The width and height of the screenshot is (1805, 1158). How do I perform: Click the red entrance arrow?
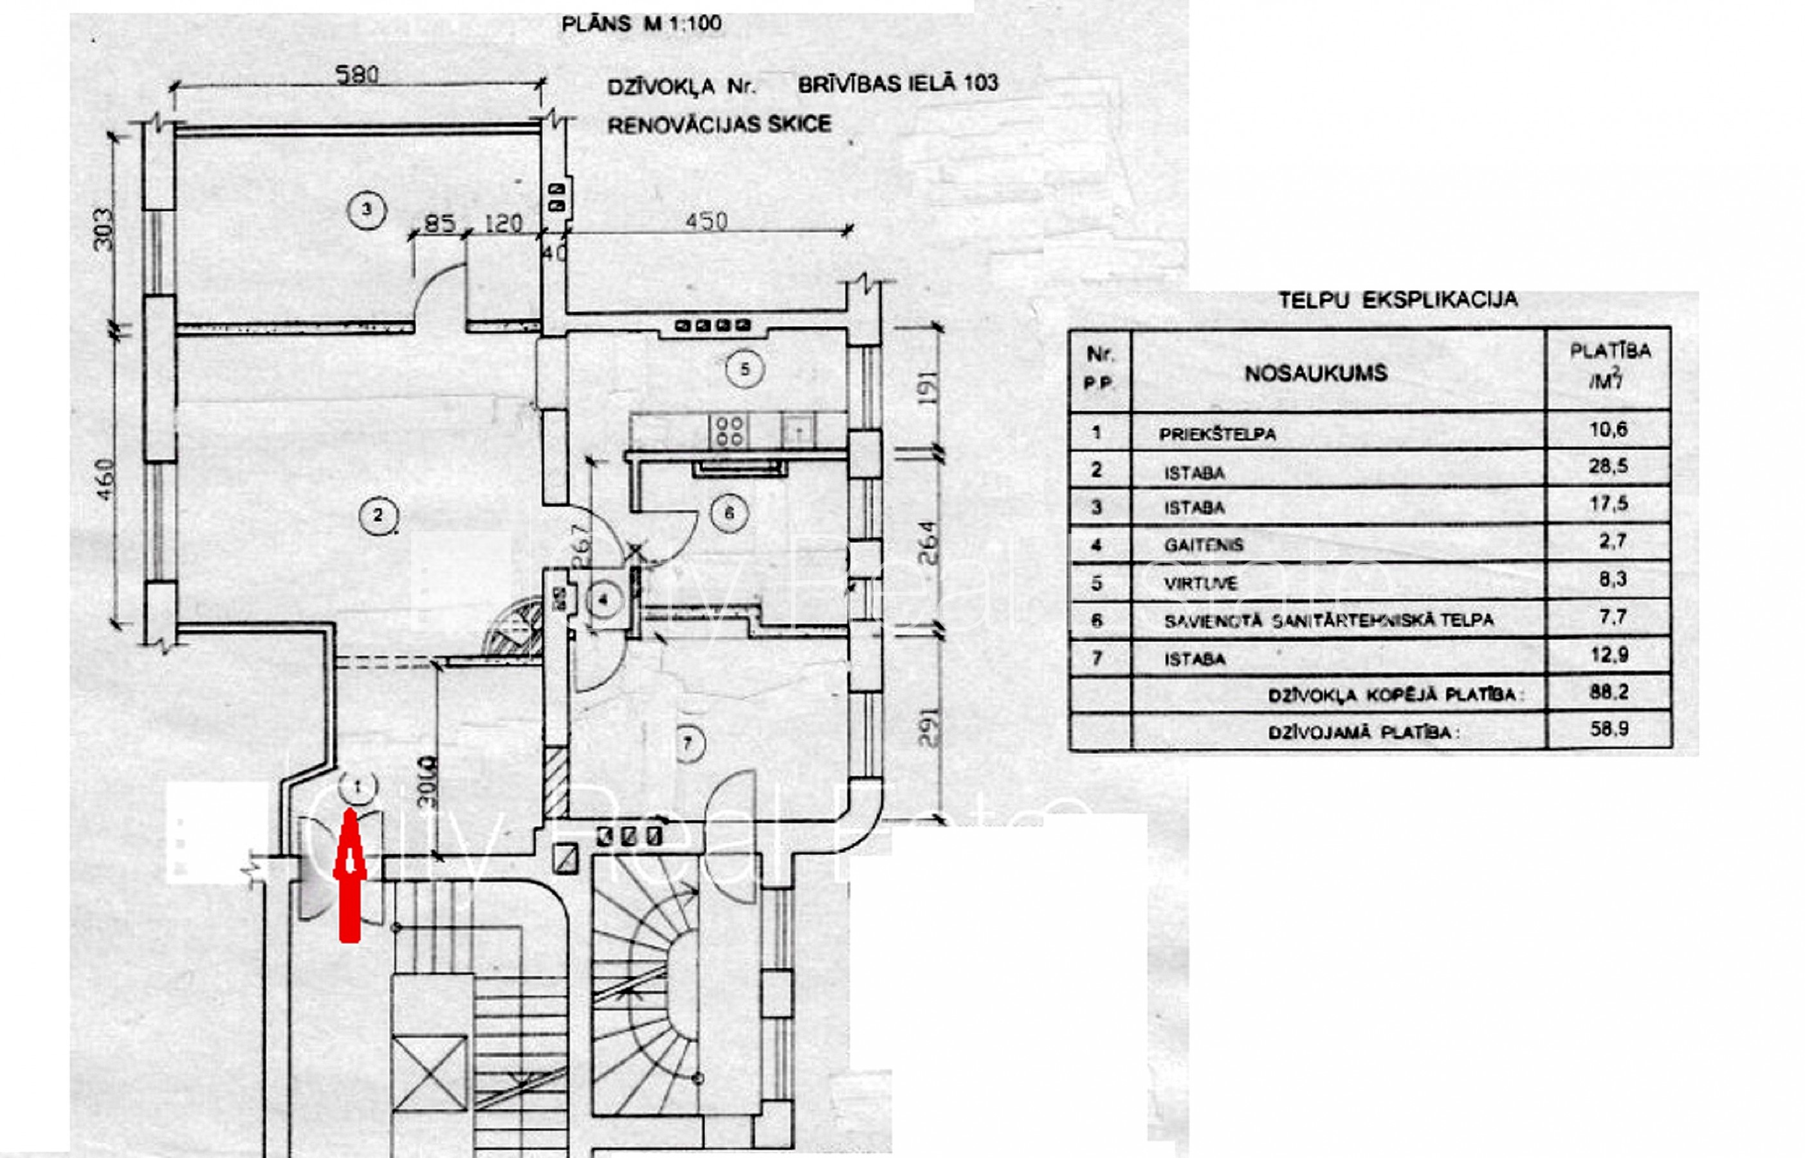point(349,876)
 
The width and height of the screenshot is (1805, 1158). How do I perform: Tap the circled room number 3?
point(367,209)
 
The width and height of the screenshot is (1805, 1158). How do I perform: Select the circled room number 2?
point(378,515)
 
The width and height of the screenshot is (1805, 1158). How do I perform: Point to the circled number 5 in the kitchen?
point(744,369)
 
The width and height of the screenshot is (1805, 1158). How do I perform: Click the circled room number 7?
point(687,744)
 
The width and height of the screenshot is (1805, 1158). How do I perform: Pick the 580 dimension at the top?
point(357,75)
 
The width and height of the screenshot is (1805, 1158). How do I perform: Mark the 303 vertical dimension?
point(104,229)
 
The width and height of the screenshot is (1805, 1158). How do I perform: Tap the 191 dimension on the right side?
point(929,388)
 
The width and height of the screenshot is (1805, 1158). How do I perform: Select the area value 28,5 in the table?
point(1608,466)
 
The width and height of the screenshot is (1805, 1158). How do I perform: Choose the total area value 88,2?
point(1609,692)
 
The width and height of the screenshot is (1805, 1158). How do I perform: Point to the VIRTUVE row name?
point(1200,584)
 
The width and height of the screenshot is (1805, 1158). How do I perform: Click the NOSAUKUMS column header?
point(1315,374)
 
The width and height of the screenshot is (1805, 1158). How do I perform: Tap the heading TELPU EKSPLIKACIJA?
point(1398,300)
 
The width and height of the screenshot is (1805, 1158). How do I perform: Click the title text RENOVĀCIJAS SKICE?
point(719,124)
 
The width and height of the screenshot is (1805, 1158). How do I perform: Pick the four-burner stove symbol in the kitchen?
point(728,431)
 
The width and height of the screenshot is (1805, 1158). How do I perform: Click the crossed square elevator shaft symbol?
point(429,1073)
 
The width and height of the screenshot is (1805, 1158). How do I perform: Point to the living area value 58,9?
point(1609,729)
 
